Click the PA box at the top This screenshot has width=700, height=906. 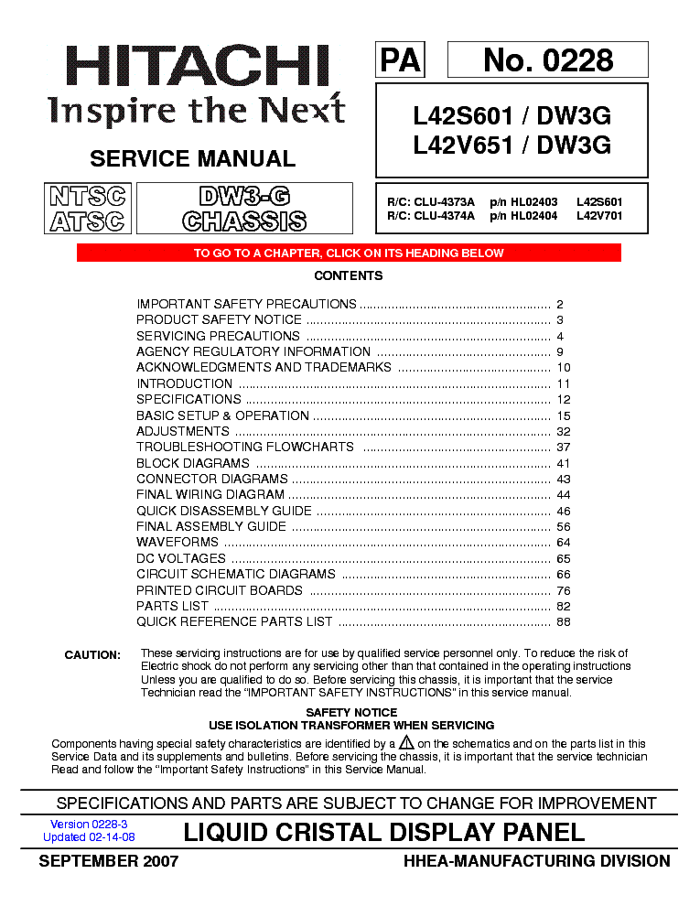[x=400, y=60]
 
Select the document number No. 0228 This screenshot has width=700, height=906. [x=547, y=60]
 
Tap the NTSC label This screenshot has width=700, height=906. [x=88, y=196]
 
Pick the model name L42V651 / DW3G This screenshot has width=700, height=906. [x=512, y=145]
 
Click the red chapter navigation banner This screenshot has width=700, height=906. [x=349, y=253]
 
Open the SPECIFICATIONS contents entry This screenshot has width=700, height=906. [x=188, y=400]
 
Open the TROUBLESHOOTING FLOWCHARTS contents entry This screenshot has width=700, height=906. [x=245, y=448]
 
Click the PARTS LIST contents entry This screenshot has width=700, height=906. [x=172, y=607]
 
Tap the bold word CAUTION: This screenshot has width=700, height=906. [x=92, y=655]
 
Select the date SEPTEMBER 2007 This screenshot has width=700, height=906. [x=108, y=861]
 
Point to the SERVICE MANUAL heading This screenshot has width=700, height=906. [x=193, y=158]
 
